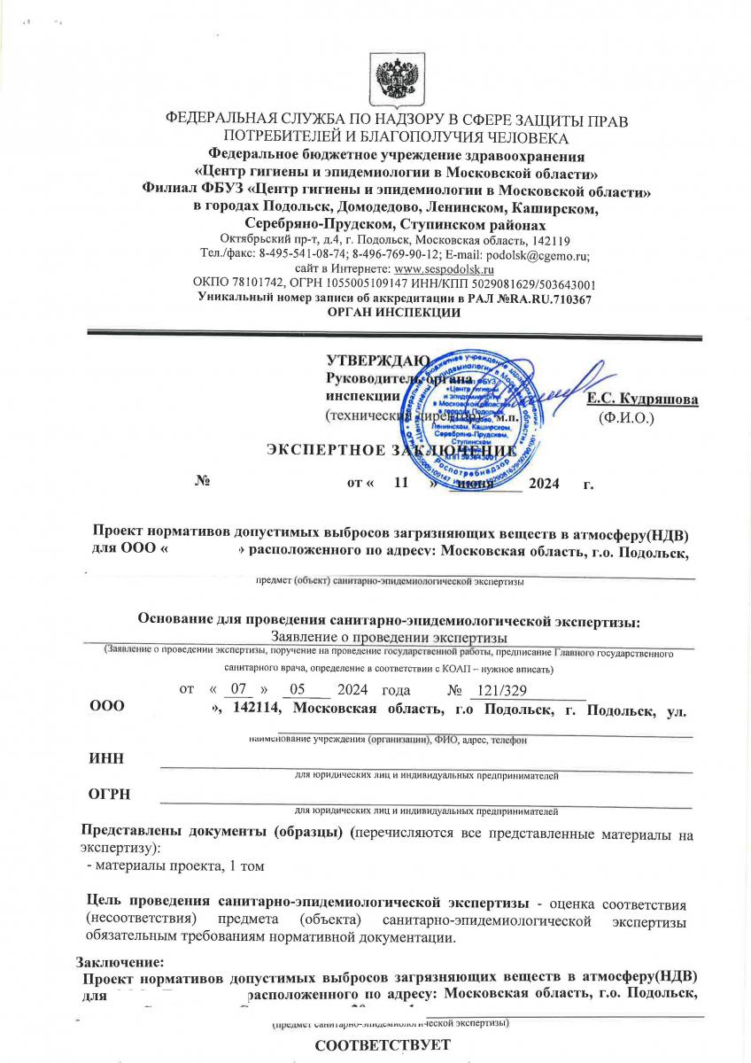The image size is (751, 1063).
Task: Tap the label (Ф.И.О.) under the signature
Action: (626, 415)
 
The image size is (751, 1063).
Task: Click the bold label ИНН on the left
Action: (105, 757)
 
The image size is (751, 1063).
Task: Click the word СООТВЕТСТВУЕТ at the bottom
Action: (383, 1044)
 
